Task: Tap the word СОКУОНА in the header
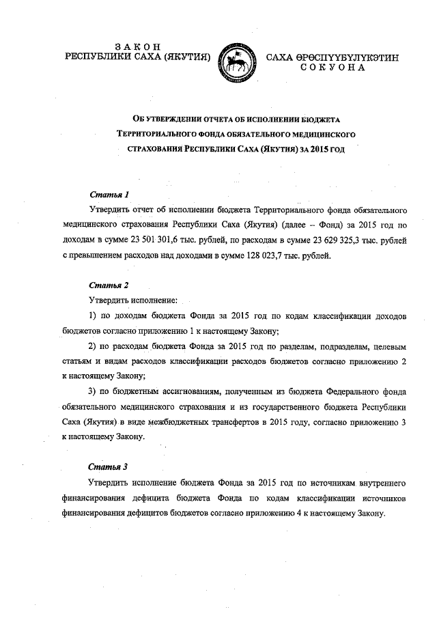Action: click(x=333, y=68)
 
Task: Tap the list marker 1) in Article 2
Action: click(x=95, y=316)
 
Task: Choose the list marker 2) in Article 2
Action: click(x=95, y=347)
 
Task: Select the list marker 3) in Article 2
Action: click(x=95, y=392)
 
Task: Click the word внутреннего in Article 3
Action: click(x=380, y=483)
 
